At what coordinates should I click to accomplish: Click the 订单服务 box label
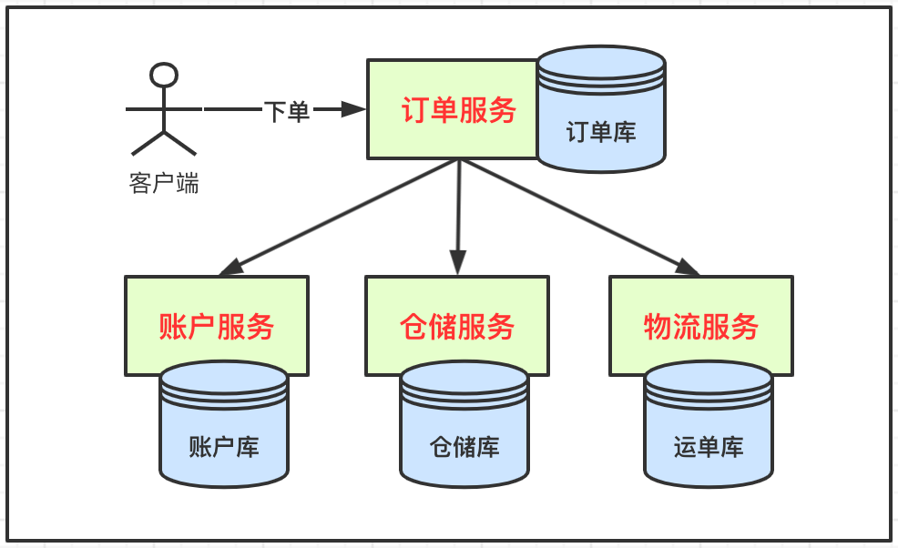[x=458, y=110]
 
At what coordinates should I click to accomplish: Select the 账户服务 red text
[x=216, y=326]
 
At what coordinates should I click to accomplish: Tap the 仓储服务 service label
[x=456, y=326]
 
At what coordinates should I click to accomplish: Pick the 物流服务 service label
[x=700, y=326]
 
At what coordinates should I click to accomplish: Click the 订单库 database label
[x=601, y=132]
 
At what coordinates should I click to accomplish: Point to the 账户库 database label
[x=224, y=447]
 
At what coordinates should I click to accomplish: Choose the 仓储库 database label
[x=464, y=447]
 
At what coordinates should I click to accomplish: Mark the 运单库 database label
[x=709, y=447]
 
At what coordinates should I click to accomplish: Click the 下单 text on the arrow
[x=287, y=111]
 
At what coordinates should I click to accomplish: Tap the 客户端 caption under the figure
[x=164, y=184]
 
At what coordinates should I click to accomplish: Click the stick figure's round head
[x=164, y=76]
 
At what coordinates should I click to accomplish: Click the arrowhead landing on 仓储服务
[x=457, y=265]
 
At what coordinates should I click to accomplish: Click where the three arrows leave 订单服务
[x=459, y=161]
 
